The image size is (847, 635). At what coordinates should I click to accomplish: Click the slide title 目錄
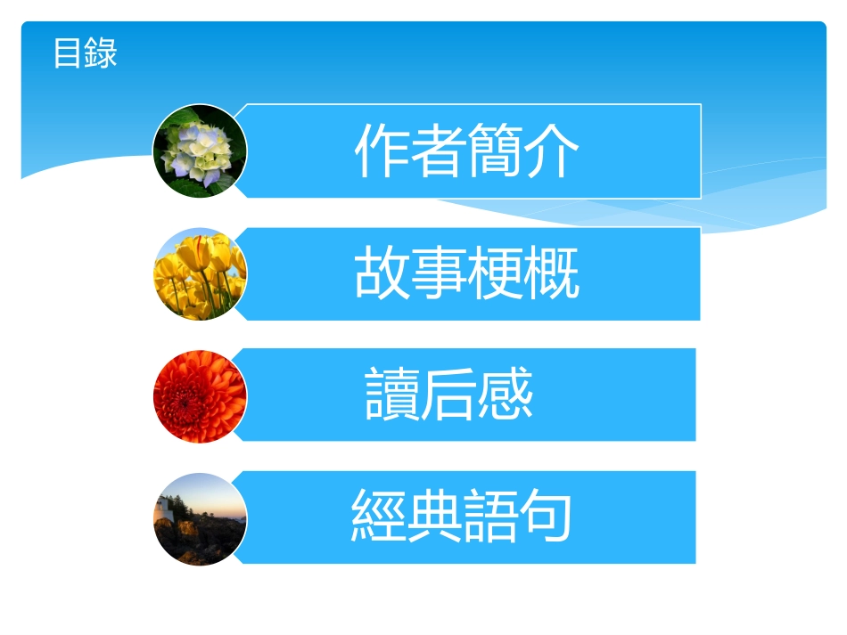[x=85, y=53]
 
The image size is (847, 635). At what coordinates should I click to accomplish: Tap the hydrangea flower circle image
[x=200, y=151]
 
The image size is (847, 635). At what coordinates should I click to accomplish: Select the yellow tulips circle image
[x=200, y=274]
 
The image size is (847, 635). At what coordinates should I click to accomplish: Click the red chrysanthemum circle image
[x=200, y=396]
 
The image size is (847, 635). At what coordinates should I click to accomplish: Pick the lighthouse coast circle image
[x=200, y=518]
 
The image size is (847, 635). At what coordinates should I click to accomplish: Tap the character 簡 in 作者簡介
[x=496, y=151]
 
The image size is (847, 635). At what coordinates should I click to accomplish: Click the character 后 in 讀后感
[x=449, y=395]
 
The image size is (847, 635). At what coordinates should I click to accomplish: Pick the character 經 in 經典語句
[x=379, y=517]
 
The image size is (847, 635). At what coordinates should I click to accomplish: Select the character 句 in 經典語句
[x=545, y=517]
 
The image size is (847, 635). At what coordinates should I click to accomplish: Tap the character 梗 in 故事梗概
[x=496, y=273]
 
